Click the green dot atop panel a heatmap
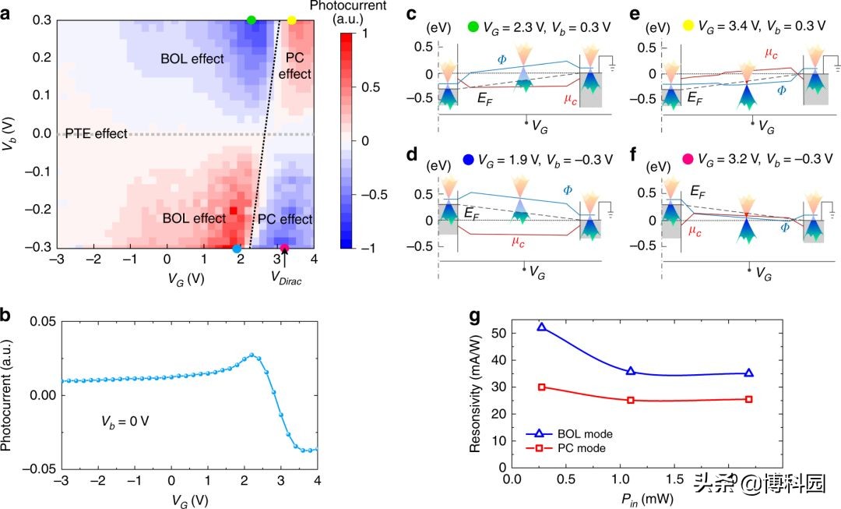click(251, 19)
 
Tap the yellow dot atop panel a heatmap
click(292, 19)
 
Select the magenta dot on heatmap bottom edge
click(285, 249)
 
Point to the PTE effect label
click(96, 134)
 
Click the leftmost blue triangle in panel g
click(541, 327)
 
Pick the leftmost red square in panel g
click(541, 387)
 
